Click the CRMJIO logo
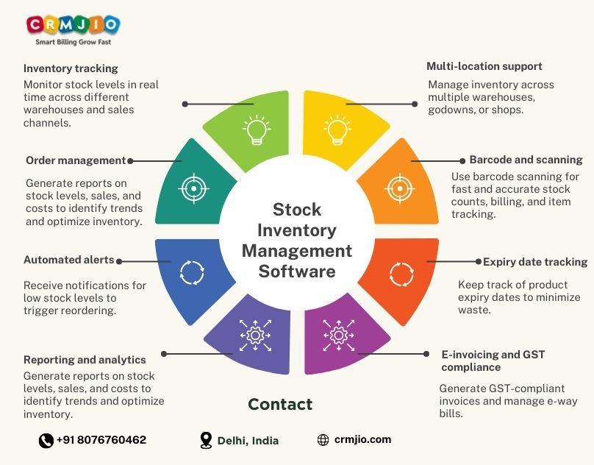coord(72,28)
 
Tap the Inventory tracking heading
coord(71,68)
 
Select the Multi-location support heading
coord(484,66)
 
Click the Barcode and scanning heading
coord(526,160)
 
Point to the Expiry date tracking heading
coord(535,262)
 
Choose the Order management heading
coord(76,160)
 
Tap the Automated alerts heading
coord(69,260)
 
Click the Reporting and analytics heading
coord(85,360)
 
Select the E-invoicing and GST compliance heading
coord(493,361)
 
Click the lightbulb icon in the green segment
coord(256,129)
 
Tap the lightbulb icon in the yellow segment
coord(337,129)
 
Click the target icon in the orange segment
coord(399,188)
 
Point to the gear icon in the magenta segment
coord(337,336)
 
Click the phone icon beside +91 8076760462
coord(46,440)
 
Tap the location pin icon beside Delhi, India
coord(207,440)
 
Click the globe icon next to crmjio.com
coord(323,440)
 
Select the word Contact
coord(280,404)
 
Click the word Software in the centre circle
coord(297,271)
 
